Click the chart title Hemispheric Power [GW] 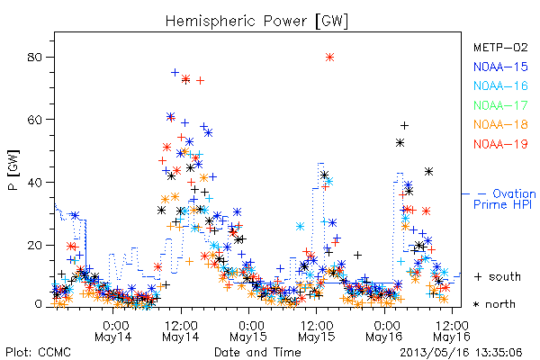[256, 22]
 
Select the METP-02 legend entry [500, 47]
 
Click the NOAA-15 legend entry [500, 67]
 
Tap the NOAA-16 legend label [500, 85]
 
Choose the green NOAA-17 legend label [500, 105]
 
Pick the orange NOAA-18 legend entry [500, 124]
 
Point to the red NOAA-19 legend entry [500, 144]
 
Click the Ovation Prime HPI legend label [504, 199]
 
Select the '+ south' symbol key [498, 276]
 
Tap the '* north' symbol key [494, 304]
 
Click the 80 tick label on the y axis [35, 57]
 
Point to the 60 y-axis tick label [35, 120]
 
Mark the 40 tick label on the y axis [35, 182]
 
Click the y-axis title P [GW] [13, 170]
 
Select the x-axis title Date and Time [257, 353]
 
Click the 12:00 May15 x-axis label [317, 331]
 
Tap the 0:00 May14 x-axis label [113, 331]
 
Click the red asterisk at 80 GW [330, 58]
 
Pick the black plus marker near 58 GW [405, 126]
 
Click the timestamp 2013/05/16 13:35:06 [461, 353]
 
